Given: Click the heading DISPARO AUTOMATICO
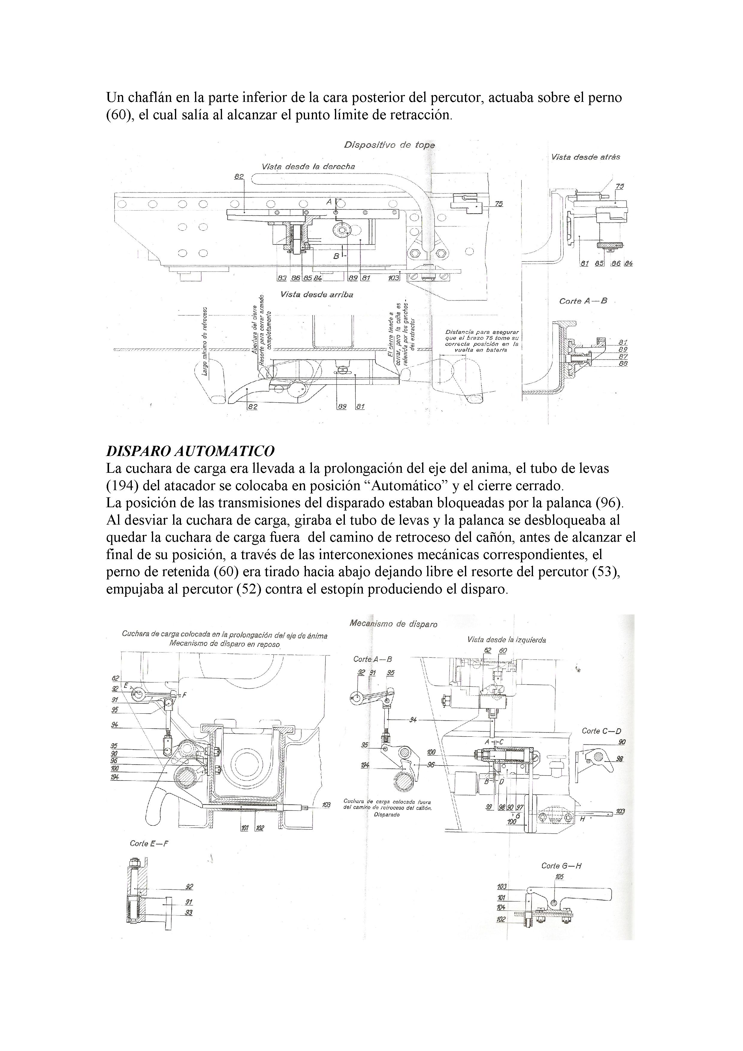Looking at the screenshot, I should click(x=190, y=451).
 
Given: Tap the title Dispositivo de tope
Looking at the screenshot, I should click(x=389, y=145).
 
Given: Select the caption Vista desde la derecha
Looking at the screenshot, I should click(x=308, y=167).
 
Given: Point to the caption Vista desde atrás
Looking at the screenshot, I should click(x=585, y=157).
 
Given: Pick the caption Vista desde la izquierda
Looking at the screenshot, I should click(x=506, y=640).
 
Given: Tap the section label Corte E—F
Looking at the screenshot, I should click(x=149, y=843).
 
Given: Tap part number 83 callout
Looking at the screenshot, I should click(x=282, y=278).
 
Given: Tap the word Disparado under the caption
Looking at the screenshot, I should click(x=386, y=815).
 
